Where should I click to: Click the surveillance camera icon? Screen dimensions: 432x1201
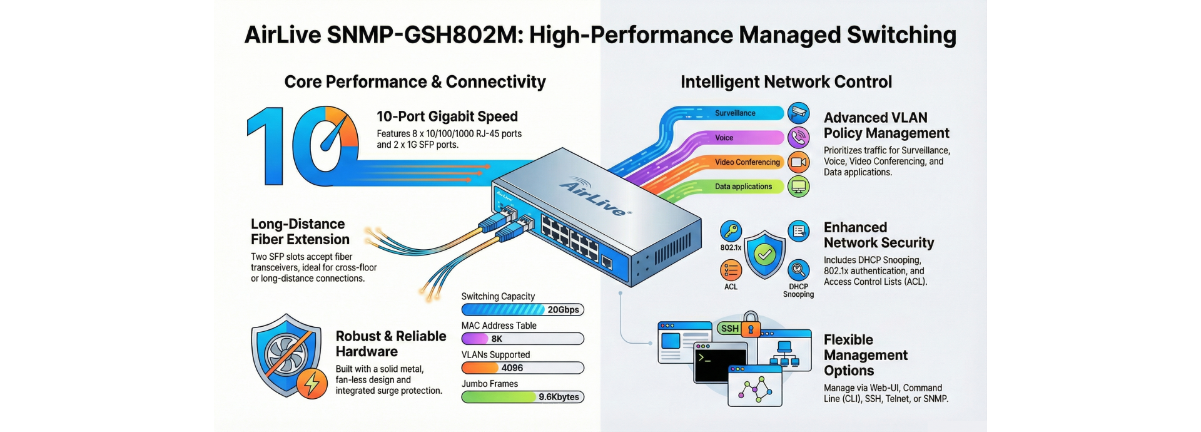click(798, 113)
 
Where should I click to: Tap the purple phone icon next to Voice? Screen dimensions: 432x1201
click(798, 137)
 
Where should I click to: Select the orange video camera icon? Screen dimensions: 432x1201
click(798, 162)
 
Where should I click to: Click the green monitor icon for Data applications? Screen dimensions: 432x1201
click(798, 187)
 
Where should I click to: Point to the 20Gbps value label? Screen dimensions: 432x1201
click(563, 310)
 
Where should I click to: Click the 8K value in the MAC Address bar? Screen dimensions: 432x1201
click(497, 339)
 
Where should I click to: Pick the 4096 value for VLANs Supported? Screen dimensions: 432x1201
click(512, 368)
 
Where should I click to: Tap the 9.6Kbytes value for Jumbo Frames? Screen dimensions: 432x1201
click(559, 397)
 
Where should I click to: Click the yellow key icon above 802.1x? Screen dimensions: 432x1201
click(731, 232)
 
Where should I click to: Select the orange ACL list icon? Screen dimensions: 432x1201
click(731, 270)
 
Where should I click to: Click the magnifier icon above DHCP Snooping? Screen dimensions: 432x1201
click(798, 270)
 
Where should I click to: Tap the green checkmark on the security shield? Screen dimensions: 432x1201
click(764, 254)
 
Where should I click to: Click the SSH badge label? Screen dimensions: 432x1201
click(729, 329)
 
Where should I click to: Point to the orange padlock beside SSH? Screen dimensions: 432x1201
click(751, 325)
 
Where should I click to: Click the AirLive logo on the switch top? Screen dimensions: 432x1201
click(595, 197)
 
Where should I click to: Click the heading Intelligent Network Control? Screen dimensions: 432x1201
click(786, 82)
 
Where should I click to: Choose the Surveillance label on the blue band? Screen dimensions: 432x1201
click(735, 113)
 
